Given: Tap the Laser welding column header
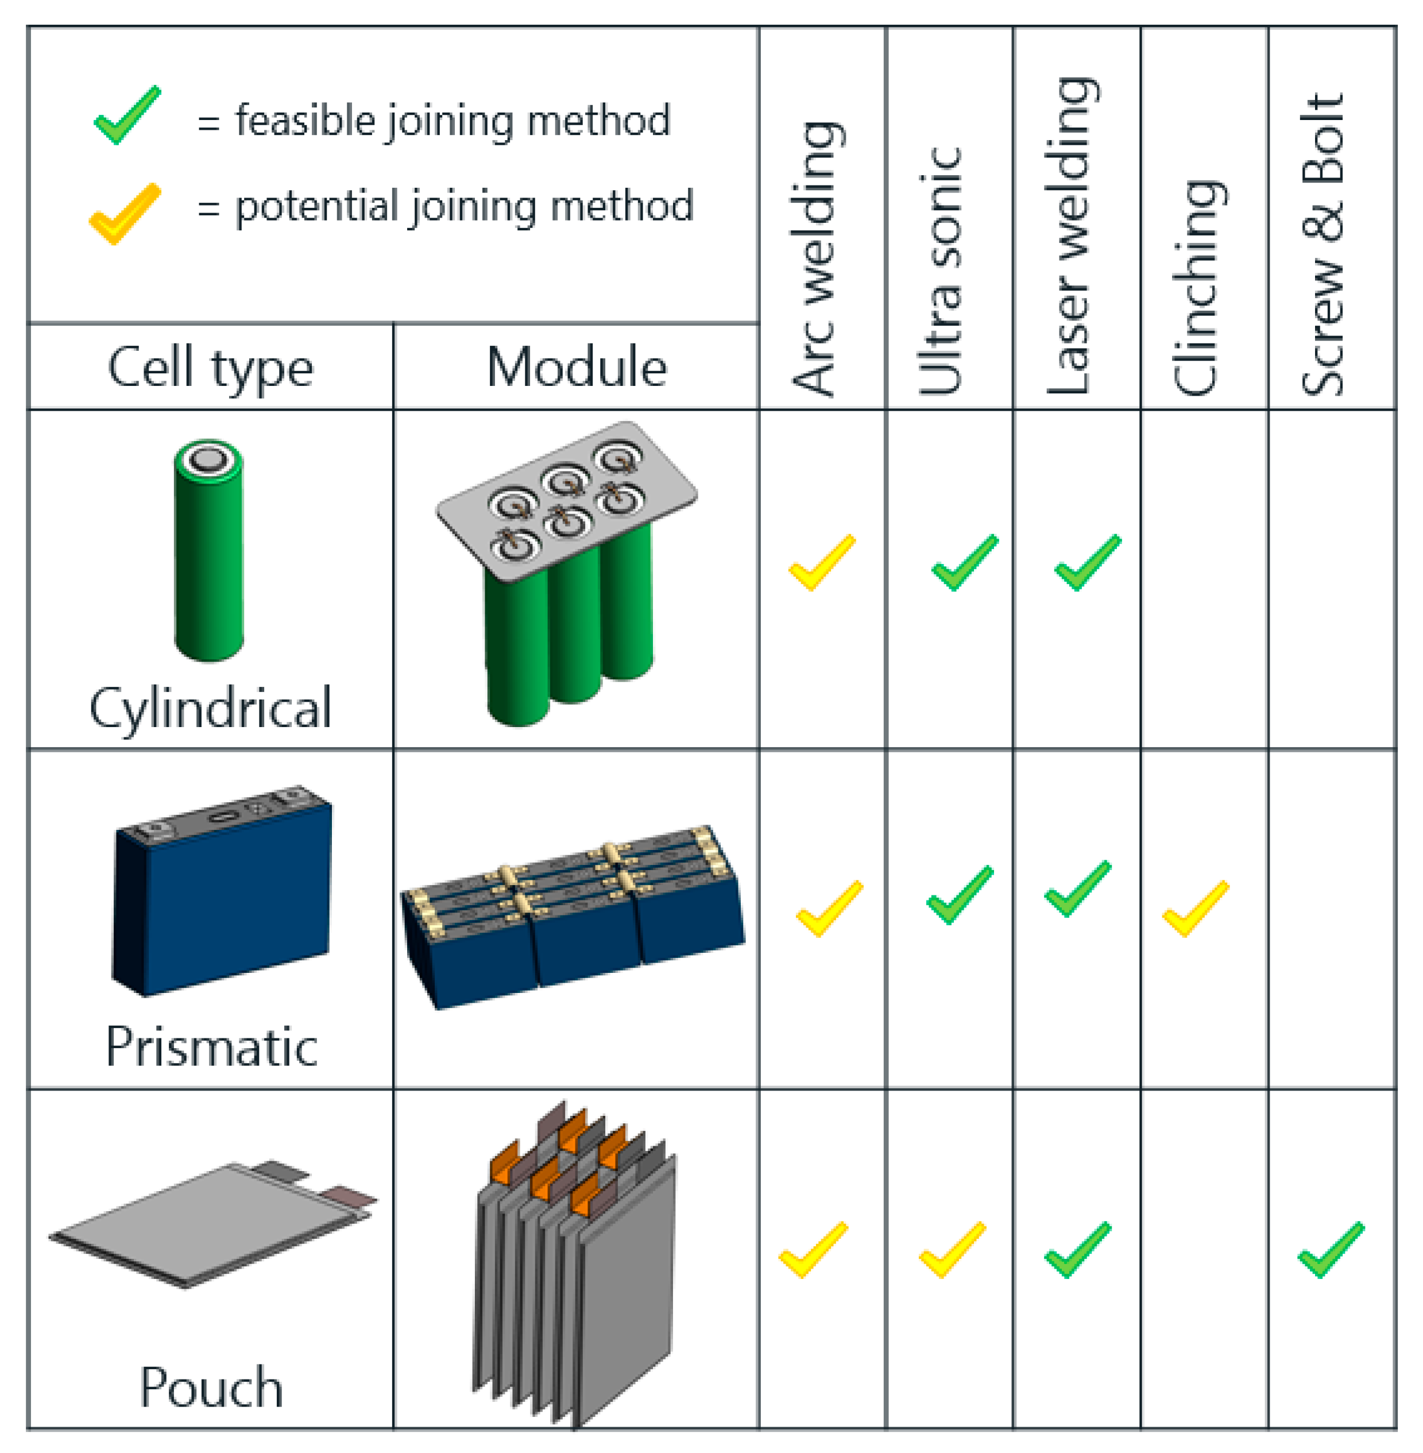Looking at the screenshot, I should pyautogui.click(x=1071, y=235).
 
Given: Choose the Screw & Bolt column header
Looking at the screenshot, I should pyautogui.click(x=1323, y=245).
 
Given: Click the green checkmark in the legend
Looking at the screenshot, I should pyautogui.click(x=127, y=116).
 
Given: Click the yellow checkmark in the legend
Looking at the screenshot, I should pyautogui.click(x=125, y=213).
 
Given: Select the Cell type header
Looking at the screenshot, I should pyautogui.click(x=211, y=368).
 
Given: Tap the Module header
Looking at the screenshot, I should pyautogui.click(x=576, y=368).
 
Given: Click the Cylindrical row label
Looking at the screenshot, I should pyautogui.click(x=211, y=707).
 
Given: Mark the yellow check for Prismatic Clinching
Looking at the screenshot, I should pyautogui.click(x=1195, y=908).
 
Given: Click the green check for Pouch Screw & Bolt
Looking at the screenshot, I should pyautogui.click(x=1331, y=1250).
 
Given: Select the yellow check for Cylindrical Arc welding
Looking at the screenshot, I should pyautogui.click(x=821, y=562).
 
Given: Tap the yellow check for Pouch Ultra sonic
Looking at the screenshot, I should pyautogui.click(x=952, y=1250).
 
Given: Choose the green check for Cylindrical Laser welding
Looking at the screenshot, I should pyautogui.click(x=1088, y=562).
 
